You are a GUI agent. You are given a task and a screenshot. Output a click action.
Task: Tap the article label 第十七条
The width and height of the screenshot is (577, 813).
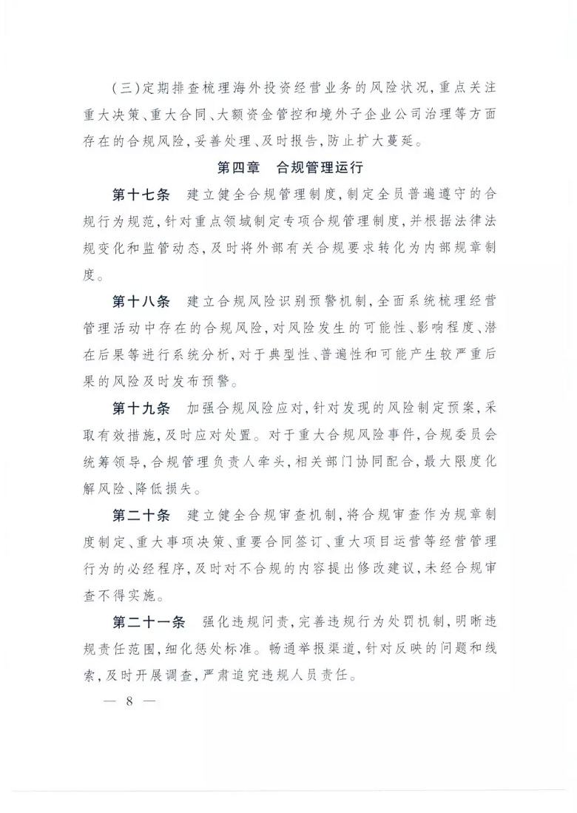pos(141,195)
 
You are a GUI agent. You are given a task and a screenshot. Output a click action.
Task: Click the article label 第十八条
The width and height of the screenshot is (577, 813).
pos(141,302)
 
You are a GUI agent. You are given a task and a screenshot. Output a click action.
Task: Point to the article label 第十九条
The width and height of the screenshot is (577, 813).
pos(141,408)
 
